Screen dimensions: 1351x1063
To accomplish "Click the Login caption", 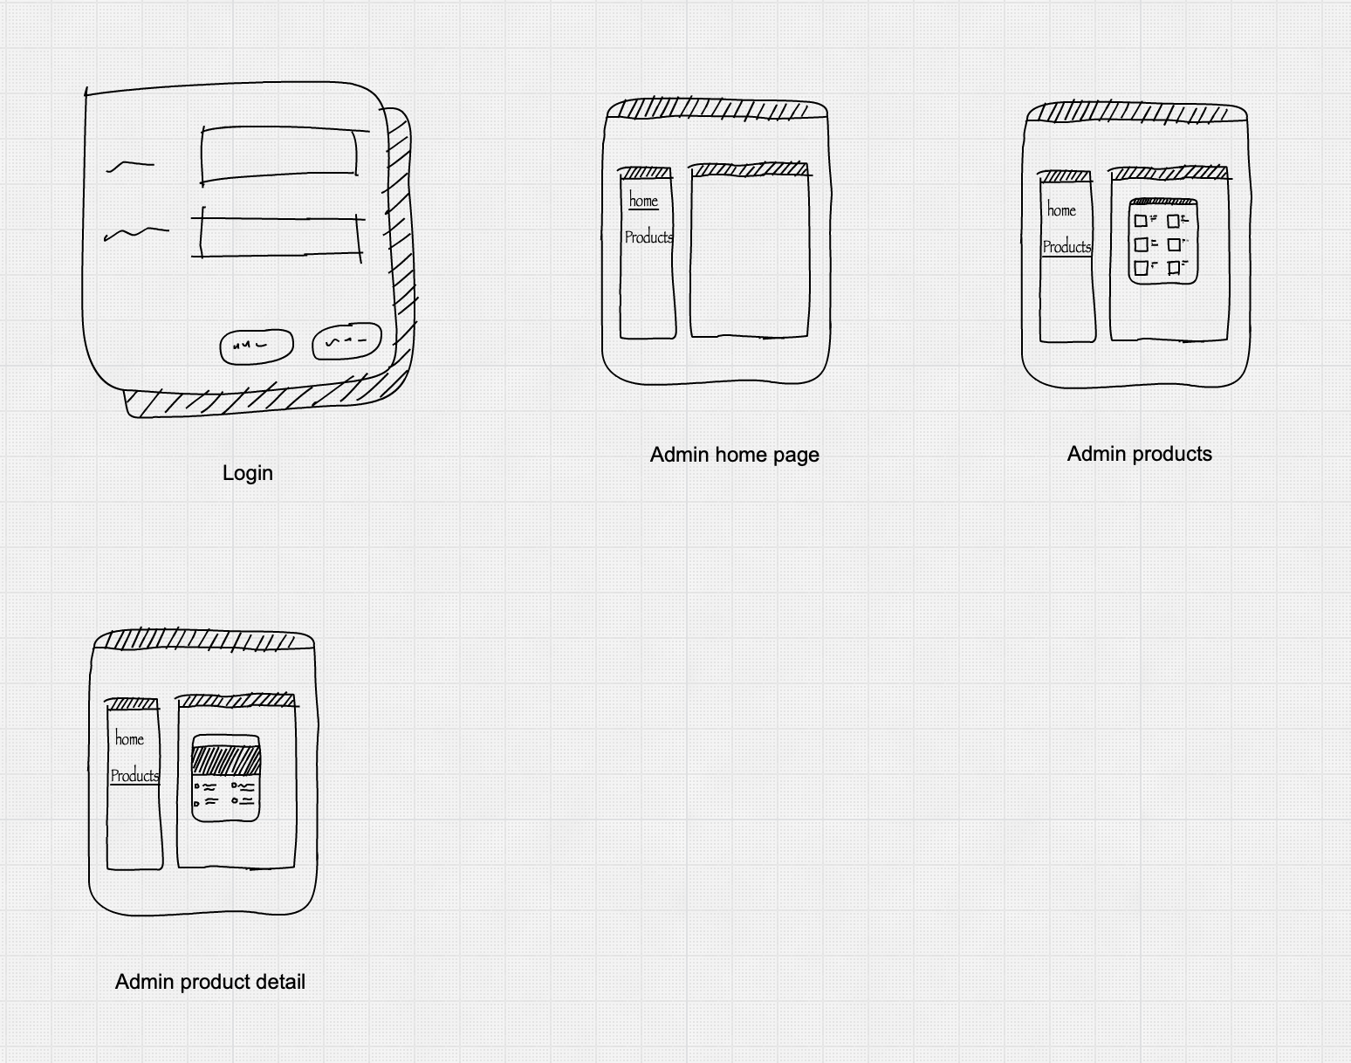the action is point(248,473).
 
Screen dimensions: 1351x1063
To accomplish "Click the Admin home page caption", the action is point(734,455).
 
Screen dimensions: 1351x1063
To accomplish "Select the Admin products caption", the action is point(1139,454).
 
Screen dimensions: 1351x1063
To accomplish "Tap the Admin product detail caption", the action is point(210,982).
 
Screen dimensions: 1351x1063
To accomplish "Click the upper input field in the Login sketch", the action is point(279,155).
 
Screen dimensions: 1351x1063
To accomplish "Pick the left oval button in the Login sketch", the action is point(256,346).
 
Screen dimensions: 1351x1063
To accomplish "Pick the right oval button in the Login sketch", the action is point(346,342).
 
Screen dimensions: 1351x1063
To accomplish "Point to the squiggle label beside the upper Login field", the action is point(129,165).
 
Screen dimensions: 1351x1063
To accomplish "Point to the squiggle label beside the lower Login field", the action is point(135,233).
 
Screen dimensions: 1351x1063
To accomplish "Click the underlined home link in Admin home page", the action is point(643,201).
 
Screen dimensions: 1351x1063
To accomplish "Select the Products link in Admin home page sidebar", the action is point(648,237).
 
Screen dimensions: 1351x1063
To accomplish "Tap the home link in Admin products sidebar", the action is point(1061,210).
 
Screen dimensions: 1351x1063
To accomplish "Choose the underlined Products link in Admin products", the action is point(1066,247).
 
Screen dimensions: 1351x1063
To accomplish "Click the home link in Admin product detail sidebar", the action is point(129,739).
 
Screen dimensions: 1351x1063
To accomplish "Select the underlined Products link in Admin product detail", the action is point(134,776).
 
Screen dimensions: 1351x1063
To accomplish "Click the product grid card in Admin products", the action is point(1162,242).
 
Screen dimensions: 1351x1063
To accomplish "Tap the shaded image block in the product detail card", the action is point(226,759).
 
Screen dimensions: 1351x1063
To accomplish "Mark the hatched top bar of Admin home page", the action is point(716,109).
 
